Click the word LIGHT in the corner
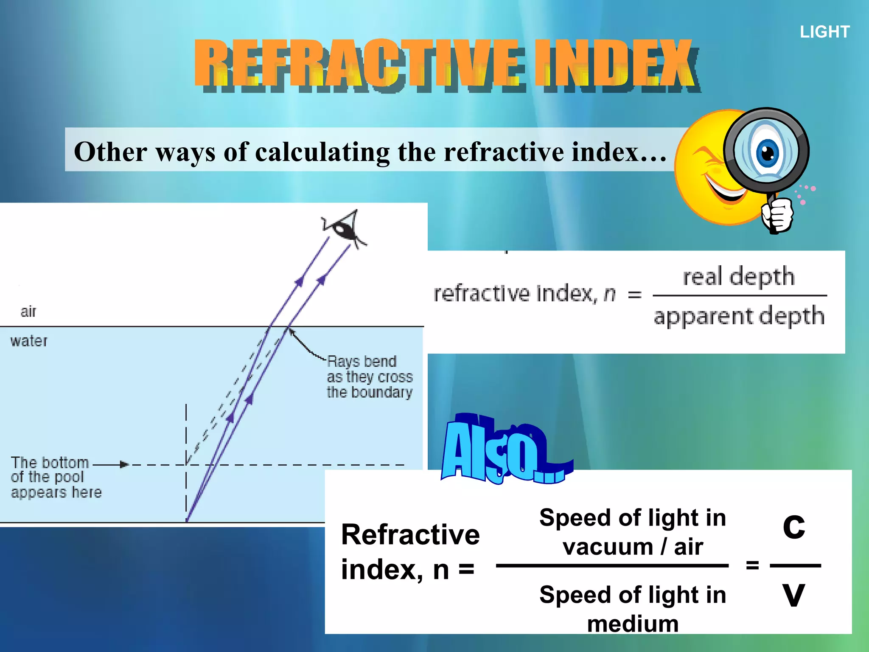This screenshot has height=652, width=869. pos(824,32)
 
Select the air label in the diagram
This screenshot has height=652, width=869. pos(28,312)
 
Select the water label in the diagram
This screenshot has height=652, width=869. pos(29,341)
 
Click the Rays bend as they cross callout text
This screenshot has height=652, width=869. pos(369,377)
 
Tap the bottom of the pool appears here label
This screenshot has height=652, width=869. pos(55,477)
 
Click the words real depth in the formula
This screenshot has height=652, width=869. pos(739,276)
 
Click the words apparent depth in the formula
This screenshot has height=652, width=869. pos(739,316)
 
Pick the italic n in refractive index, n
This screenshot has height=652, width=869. pos(610,294)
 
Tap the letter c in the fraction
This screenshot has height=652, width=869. pos(793,526)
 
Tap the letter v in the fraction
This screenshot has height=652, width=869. pos(793,594)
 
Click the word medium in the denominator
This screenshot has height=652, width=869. pos(633,624)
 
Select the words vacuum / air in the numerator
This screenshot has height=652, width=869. pos(633,547)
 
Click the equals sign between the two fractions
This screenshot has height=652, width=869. pos(752,565)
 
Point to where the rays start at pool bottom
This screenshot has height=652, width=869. pos(187,520)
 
